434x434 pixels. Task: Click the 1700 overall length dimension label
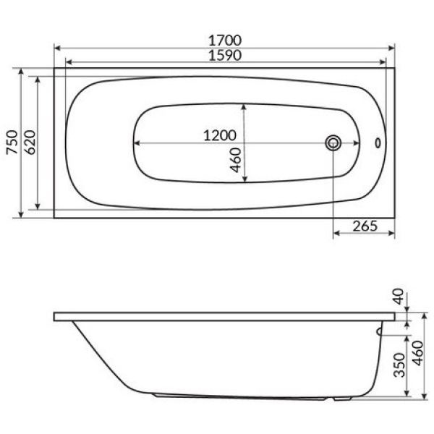point(225,41)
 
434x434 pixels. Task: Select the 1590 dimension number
point(225,56)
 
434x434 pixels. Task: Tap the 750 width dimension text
point(12,142)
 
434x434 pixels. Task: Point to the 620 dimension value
point(30,142)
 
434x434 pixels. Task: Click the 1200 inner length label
point(220,136)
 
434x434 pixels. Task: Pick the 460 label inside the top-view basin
point(236,160)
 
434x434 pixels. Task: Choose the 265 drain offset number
point(365,226)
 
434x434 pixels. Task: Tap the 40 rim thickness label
point(399,297)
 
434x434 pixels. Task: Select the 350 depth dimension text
point(399,365)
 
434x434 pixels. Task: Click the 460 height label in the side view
point(418,353)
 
